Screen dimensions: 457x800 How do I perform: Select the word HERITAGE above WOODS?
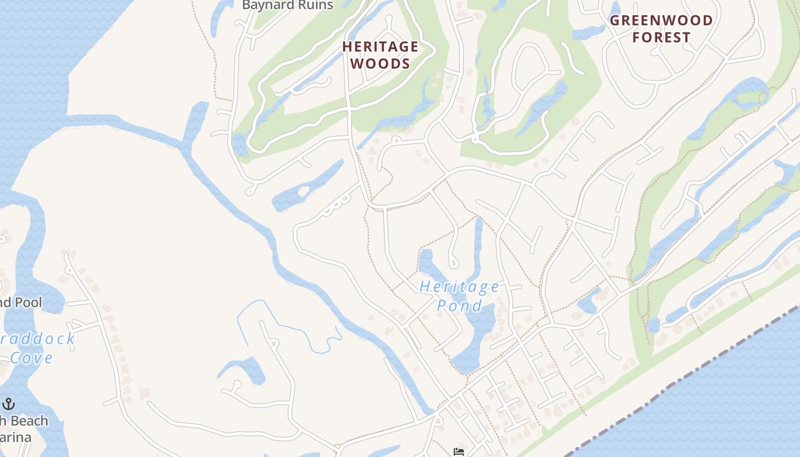click(380, 47)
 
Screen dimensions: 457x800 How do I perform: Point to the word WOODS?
click(380, 63)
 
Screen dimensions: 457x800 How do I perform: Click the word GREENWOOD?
click(662, 21)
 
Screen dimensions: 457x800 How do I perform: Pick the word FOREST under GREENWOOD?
click(662, 38)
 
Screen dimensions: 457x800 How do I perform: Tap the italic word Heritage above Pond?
click(459, 287)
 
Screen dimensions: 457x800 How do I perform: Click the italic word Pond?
click(459, 306)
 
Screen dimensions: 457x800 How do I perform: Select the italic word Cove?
click(31, 358)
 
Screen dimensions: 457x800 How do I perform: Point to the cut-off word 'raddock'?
click(37, 339)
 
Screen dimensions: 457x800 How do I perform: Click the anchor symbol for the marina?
click(9, 404)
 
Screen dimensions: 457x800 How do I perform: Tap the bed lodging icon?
click(458, 452)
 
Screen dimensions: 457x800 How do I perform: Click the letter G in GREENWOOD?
click(615, 21)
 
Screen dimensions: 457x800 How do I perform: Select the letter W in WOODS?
click(357, 63)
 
